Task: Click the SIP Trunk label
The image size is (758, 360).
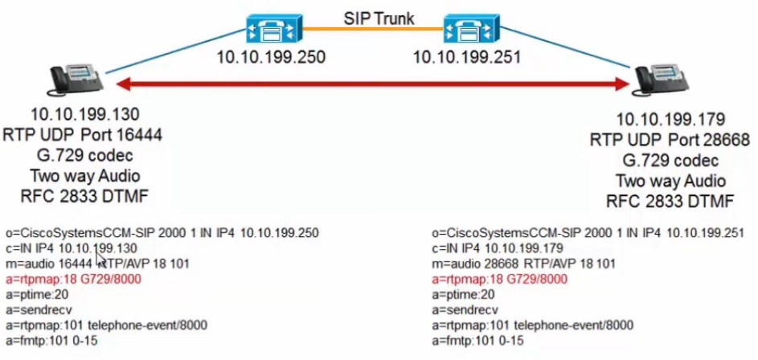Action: pyautogui.click(x=379, y=18)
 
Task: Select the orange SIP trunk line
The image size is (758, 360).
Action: pyautogui.click(x=372, y=29)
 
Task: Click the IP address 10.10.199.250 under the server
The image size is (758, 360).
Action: pyautogui.click(x=271, y=57)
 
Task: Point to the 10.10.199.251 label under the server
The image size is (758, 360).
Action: pyautogui.click(x=467, y=57)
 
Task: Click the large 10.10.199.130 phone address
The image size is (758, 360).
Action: pyautogui.click(x=85, y=115)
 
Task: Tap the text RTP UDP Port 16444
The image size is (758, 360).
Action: pyautogui.click(x=83, y=135)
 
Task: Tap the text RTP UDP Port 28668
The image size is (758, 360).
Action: pyautogui.click(x=669, y=140)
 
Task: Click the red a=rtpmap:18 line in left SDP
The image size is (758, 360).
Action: pyautogui.click(x=74, y=280)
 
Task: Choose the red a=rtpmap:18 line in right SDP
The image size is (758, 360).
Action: pyautogui.click(x=499, y=280)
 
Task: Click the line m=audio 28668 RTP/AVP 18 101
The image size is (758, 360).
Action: pyautogui.click(x=523, y=264)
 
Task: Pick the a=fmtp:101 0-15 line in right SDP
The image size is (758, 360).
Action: pyautogui.click(x=477, y=341)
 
